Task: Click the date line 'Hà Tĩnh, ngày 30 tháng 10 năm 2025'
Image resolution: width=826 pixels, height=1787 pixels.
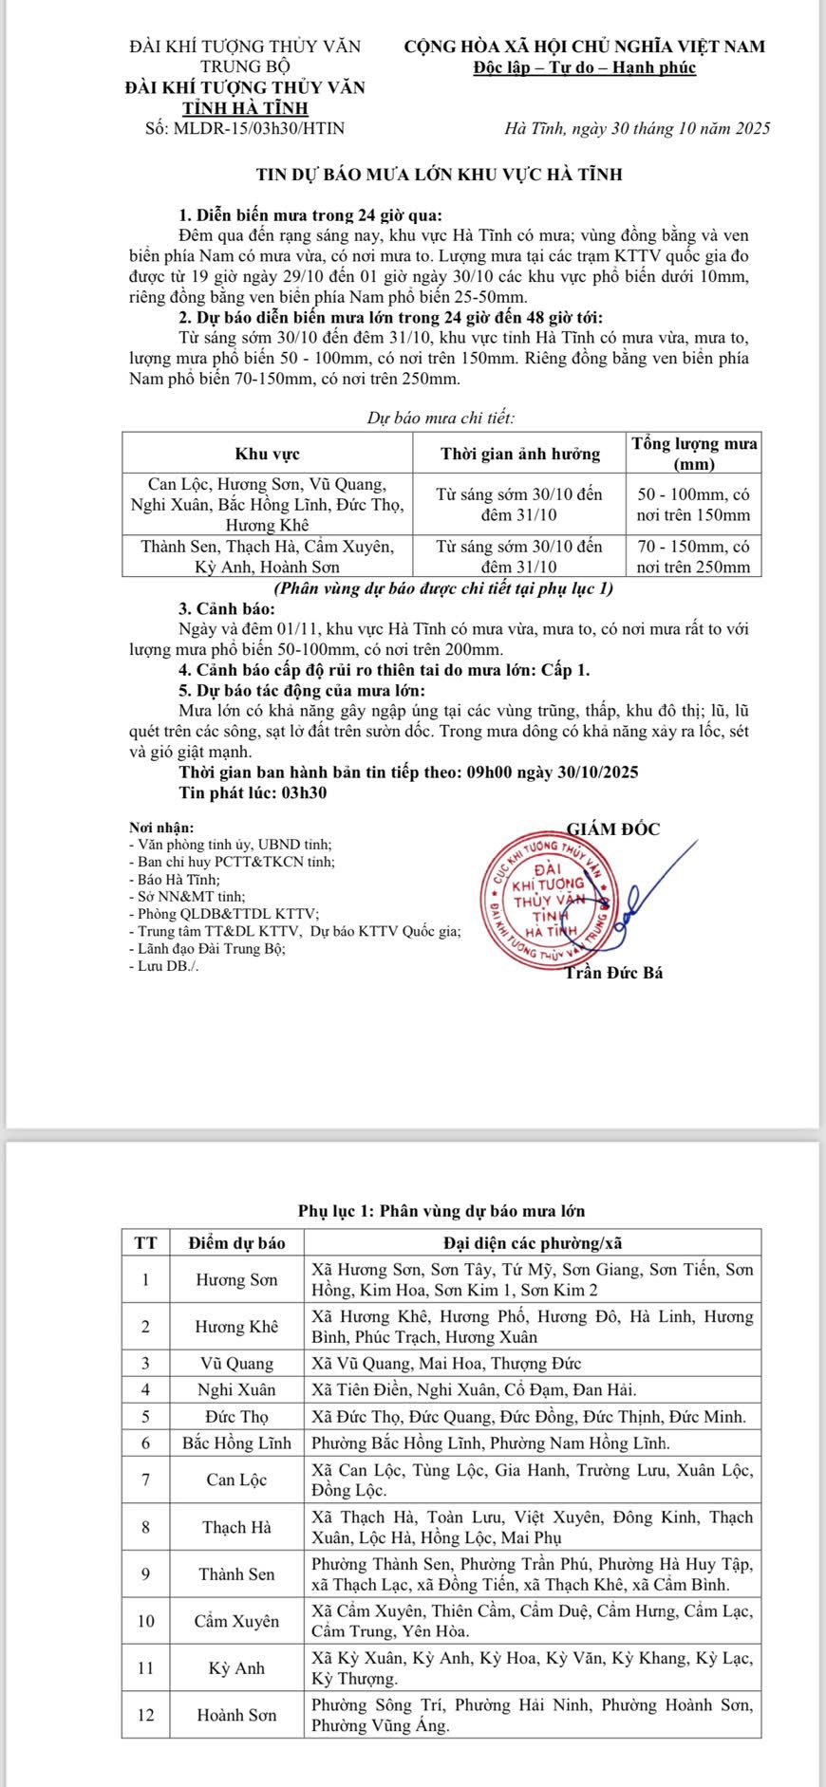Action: point(637,128)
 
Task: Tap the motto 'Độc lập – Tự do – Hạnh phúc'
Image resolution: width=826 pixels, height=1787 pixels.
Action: point(585,67)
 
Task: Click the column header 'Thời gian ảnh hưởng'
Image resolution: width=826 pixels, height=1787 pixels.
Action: point(520,454)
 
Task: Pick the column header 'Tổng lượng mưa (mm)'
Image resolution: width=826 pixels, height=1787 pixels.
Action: point(693,454)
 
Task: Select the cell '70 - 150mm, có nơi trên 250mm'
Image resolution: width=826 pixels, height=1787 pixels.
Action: point(693,556)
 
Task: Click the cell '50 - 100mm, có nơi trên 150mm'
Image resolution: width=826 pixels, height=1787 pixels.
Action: point(693,505)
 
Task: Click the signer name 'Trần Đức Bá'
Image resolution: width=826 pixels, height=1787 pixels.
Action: point(613,973)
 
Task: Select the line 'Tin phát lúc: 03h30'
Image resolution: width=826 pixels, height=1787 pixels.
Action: point(253,792)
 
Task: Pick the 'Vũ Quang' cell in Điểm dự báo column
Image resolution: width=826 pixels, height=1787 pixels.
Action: point(237,1363)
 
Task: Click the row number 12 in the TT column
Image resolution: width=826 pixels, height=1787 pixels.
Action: point(146,1715)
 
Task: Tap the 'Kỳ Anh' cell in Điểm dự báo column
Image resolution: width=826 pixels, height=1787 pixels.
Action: point(237,1667)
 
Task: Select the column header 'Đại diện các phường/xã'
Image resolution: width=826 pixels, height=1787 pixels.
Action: point(534,1242)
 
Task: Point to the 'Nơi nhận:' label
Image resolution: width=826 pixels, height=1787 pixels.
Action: point(160,828)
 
